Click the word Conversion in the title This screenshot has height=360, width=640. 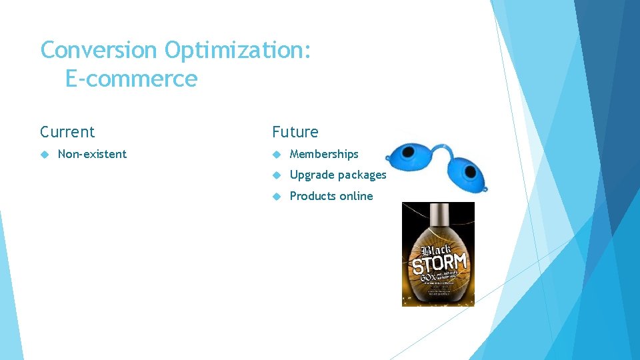coord(99,50)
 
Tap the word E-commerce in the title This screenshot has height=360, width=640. coord(131,79)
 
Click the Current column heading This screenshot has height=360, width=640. coord(67,132)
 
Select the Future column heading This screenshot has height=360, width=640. coord(295,132)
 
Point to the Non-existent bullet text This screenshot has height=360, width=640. coord(92,154)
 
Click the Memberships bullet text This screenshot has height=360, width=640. coord(324,154)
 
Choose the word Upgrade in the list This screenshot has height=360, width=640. coord(312,175)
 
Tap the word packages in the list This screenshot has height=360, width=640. coord(362,175)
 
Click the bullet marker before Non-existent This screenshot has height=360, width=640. coord(45,154)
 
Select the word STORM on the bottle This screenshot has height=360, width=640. coord(439,262)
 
